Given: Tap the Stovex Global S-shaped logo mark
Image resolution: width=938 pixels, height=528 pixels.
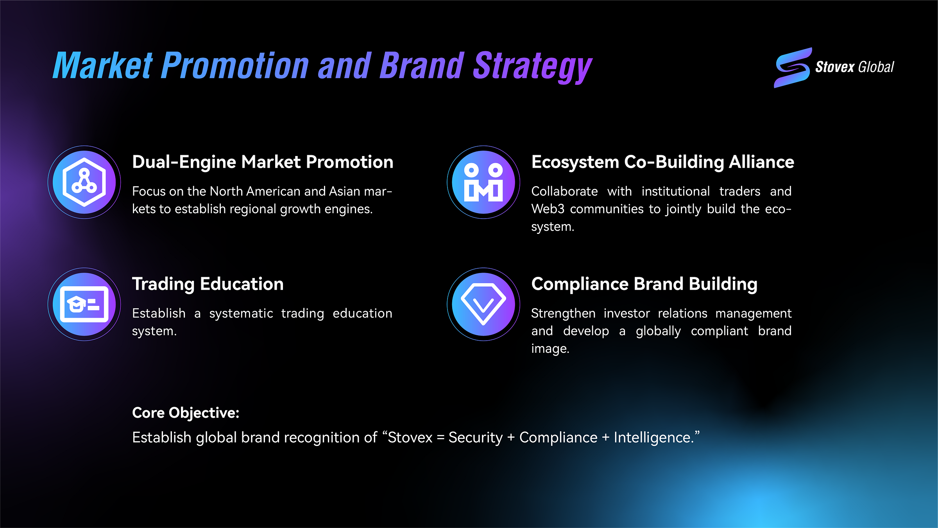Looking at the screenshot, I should pyautogui.click(x=793, y=68).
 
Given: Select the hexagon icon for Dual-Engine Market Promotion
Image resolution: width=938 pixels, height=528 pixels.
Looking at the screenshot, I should pyautogui.click(x=84, y=182).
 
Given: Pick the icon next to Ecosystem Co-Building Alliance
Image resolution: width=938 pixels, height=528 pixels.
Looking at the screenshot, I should pyautogui.click(x=483, y=182).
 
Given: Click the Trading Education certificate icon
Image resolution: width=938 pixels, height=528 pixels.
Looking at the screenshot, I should pyautogui.click(x=84, y=304).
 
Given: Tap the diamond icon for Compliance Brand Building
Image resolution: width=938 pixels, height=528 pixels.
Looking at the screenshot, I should pyautogui.click(x=483, y=304).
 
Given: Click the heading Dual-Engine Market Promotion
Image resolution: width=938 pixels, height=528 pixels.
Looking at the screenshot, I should pyautogui.click(x=263, y=162).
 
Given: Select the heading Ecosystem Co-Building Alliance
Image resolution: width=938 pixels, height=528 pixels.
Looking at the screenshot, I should pyautogui.click(x=662, y=162).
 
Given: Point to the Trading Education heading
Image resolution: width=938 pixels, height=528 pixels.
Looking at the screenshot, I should pyautogui.click(x=208, y=284).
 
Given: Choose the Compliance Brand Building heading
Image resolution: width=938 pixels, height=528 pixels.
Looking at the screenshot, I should pyautogui.click(x=644, y=284).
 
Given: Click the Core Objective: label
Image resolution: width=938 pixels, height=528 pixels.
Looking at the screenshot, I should pyautogui.click(x=186, y=413).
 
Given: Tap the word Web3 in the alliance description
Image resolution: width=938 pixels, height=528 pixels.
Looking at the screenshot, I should pyautogui.click(x=548, y=209).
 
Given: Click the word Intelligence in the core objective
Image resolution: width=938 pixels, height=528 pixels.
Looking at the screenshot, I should pyautogui.click(x=652, y=437).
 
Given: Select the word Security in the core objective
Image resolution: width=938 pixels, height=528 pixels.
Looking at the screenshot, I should pyautogui.click(x=475, y=437).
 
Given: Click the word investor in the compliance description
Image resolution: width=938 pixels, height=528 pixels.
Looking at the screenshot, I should pyautogui.click(x=627, y=313).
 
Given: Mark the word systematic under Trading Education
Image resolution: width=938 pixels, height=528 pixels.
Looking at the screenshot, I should pyautogui.click(x=241, y=313).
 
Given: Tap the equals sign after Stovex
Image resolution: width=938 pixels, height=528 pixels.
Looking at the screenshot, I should pyautogui.click(x=440, y=438).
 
